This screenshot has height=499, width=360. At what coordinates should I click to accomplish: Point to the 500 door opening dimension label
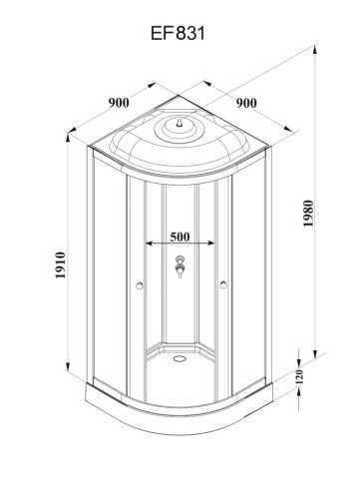click(181, 239)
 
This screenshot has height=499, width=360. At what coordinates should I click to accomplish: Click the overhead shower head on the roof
click(180, 126)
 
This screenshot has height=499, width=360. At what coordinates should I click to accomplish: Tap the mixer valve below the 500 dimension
click(180, 268)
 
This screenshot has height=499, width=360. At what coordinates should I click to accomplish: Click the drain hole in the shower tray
click(180, 354)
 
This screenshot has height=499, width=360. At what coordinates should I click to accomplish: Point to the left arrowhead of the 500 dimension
click(148, 244)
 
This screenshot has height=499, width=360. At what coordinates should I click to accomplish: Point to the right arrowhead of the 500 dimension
click(214, 244)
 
